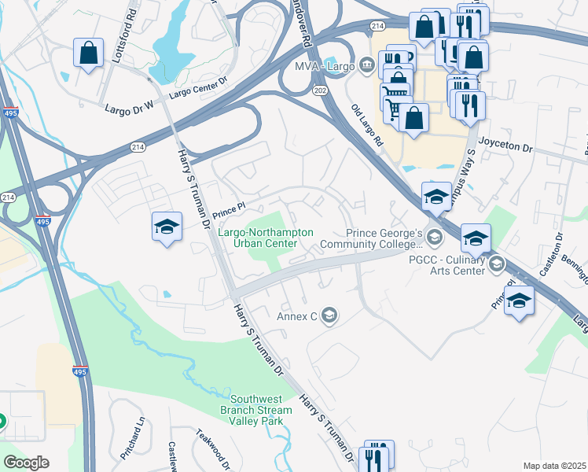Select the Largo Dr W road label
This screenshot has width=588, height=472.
tap(132, 105)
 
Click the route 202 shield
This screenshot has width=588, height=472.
tap(320, 91)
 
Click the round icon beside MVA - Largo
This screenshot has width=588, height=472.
tap(366, 65)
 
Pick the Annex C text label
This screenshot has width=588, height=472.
tap(296, 316)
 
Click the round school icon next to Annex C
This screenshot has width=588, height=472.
tap(329, 316)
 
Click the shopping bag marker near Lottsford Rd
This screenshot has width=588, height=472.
tap(88, 53)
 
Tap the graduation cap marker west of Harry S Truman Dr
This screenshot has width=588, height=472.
tap(166, 227)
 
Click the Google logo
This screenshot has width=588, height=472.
tap(26, 463)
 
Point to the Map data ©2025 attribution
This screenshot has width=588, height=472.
tap(555, 466)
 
